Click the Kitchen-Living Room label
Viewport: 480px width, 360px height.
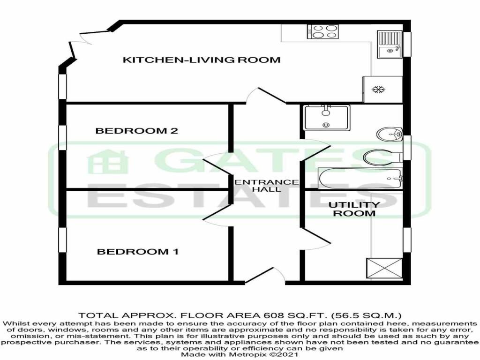[x=202, y=60]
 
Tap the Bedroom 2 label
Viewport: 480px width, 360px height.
[x=136, y=131]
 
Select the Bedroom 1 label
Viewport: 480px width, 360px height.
[x=138, y=252]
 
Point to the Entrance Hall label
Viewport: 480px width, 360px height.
[x=266, y=186]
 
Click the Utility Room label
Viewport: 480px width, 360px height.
[x=354, y=209]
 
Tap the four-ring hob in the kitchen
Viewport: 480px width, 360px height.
[x=323, y=31]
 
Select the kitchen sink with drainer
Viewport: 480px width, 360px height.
[x=390, y=45]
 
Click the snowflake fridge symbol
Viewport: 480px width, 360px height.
[x=378, y=90]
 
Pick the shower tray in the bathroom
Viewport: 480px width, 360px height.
[x=327, y=118]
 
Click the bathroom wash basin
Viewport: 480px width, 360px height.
[x=390, y=134]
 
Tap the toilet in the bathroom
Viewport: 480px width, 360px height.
[x=382, y=157]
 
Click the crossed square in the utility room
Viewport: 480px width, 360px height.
[x=384, y=268]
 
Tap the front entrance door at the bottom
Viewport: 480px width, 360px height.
[x=265, y=275]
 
